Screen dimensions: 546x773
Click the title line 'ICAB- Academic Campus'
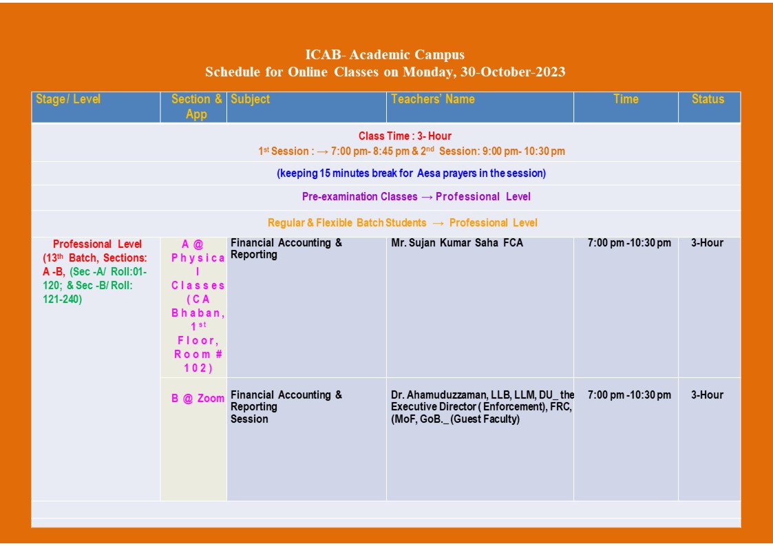point(385,55)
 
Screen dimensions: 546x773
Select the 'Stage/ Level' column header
point(68,99)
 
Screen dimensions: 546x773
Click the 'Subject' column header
point(251,99)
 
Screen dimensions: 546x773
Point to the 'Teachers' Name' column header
point(433,99)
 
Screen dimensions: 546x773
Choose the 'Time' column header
point(626,99)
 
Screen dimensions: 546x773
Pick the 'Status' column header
point(708,99)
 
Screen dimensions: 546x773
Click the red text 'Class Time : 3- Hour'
point(405,136)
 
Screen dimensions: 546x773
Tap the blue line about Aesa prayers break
point(412,174)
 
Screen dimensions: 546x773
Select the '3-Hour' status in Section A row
point(707,243)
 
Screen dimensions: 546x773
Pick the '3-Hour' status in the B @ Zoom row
point(707,395)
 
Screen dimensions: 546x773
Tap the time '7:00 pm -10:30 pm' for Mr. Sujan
point(629,243)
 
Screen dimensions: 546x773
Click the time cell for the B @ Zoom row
point(629,395)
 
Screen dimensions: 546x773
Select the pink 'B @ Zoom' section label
point(198,399)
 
